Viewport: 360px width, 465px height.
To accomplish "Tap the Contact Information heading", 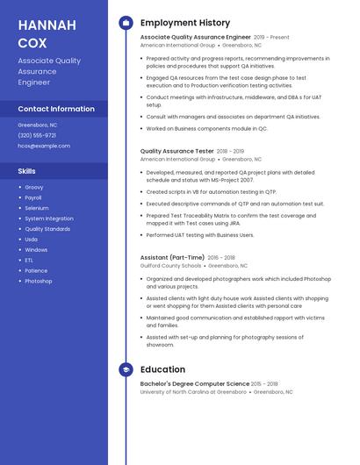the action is coord(56,109).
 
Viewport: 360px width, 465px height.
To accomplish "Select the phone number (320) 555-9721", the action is coord(37,135).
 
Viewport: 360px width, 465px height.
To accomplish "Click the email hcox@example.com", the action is coord(44,146).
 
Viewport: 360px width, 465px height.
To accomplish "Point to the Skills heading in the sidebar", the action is coord(27,171).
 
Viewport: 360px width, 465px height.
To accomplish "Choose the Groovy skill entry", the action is coord(34,187).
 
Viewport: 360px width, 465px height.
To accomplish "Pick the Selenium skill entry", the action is coord(37,208).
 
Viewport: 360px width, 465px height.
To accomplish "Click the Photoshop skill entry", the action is coord(39,281).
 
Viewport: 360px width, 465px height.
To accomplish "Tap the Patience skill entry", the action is coord(36,270).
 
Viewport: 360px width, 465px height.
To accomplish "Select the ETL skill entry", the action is coord(29,260).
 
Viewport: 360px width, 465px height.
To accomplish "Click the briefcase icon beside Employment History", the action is coord(126,23).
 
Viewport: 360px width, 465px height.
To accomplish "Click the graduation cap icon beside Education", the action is coord(126,369).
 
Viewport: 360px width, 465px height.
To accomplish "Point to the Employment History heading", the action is coord(185,23).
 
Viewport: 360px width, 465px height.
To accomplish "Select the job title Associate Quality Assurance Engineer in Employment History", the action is coord(195,38).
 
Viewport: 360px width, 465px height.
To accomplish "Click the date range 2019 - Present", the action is coord(271,38).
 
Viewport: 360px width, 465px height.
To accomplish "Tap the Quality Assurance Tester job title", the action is coord(176,151).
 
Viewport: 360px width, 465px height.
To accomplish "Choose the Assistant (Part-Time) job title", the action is coord(172,257).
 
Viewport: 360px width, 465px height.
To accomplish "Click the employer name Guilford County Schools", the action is coord(170,265).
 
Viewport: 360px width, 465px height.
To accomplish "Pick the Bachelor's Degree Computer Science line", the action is coord(195,383).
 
